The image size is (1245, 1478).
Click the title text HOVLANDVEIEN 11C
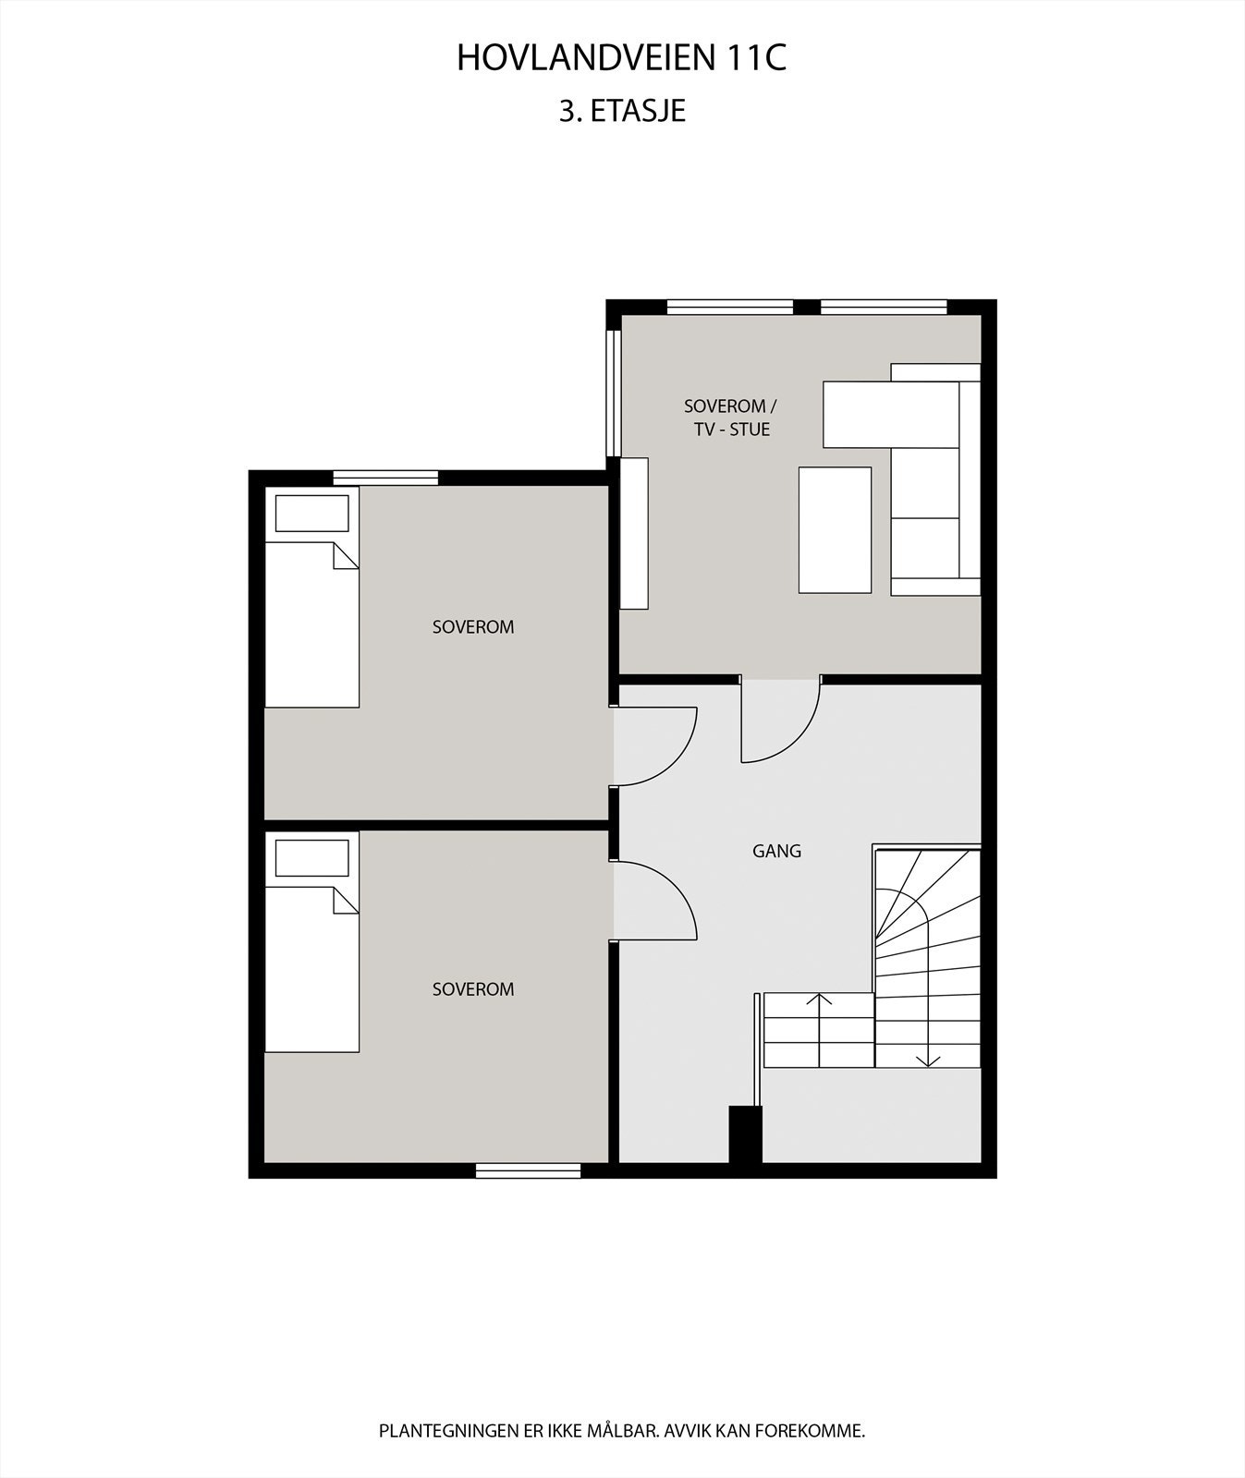click(621, 58)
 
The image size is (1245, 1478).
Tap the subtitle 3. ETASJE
click(621, 111)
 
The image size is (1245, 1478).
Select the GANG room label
click(776, 851)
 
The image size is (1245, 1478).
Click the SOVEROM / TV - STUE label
click(730, 418)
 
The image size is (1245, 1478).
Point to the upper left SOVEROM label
click(472, 626)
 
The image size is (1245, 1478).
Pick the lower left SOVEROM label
click(472, 989)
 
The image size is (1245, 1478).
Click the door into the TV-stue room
click(780, 721)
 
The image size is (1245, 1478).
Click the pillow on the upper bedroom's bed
click(311, 514)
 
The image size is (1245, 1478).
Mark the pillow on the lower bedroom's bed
click(311, 858)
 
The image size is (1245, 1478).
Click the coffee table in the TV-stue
click(835, 529)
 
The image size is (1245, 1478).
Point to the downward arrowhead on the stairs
click(928, 1060)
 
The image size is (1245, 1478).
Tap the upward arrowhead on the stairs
click(819, 999)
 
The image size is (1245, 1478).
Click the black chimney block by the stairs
click(745, 1134)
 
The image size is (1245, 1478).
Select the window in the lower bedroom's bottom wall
click(528, 1170)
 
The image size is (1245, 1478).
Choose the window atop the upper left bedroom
click(385, 478)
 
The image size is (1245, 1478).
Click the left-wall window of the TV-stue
click(613, 393)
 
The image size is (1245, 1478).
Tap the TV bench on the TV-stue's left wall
click(634, 533)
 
